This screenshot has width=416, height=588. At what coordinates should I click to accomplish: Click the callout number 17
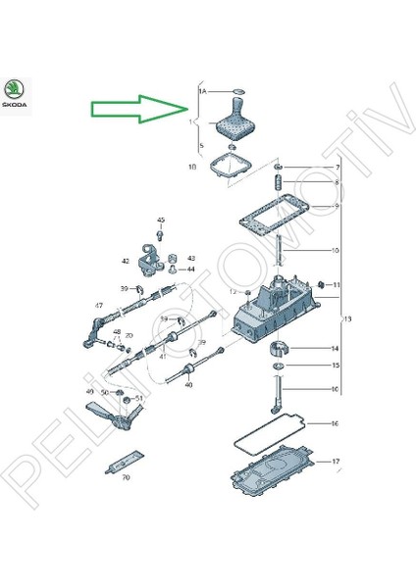(x=334, y=461)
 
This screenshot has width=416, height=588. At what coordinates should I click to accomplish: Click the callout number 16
(x=334, y=424)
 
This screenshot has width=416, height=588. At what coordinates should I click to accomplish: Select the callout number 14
(x=334, y=348)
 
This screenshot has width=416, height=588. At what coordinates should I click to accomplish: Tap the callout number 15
(x=334, y=366)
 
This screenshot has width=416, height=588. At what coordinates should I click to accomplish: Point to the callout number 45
(x=161, y=220)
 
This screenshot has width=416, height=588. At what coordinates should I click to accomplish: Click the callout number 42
(x=126, y=262)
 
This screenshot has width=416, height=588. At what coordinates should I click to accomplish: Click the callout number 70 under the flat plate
(x=126, y=477)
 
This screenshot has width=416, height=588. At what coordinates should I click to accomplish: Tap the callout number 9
(x=334, y=206)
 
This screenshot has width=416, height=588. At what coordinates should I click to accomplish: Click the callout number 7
(x=334, y=168)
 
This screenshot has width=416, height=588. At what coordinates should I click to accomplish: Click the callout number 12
(x=233, y=291)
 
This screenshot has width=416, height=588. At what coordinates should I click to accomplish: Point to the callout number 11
(x=334, y=284)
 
